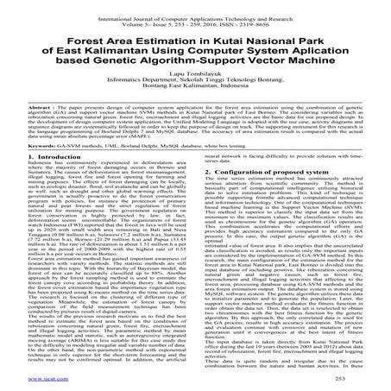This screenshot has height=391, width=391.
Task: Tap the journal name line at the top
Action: (195, 9)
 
